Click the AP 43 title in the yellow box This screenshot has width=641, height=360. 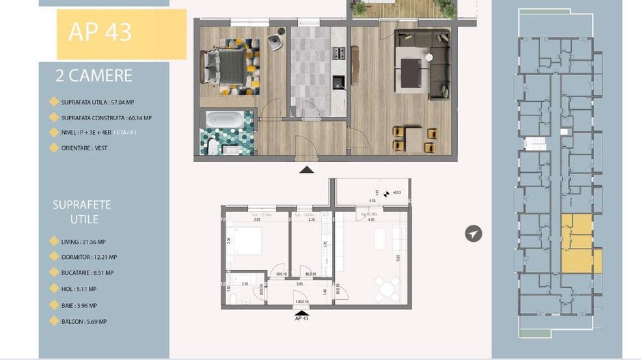tap(100, 31)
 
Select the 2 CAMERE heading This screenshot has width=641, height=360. tap(94, 77)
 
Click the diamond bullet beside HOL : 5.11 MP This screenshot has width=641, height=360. tap(54, 290)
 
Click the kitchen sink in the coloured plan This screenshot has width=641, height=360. tap(338, 83)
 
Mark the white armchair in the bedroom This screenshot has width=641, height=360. tap(275, 42)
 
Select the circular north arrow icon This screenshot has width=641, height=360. tap(473, 234)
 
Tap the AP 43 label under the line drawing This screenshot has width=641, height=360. tap(301, 318)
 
